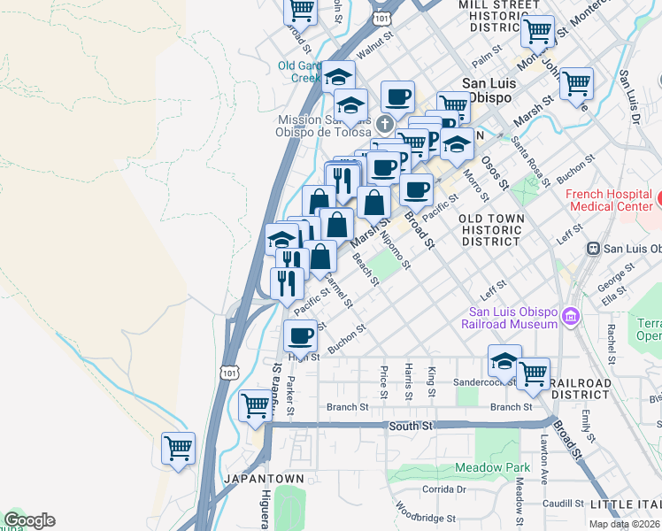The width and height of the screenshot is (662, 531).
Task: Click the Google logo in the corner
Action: (x=29, y=520)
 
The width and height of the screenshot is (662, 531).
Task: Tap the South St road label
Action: (x=410, y=426)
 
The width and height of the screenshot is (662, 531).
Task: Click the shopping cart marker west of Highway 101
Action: (x=178, y=449)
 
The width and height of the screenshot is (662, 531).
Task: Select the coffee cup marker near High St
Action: (x=301, y=336)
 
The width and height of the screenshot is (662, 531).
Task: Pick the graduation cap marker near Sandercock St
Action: (x=504, y=361)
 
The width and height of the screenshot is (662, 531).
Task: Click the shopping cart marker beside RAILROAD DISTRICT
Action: (x=533, y=374)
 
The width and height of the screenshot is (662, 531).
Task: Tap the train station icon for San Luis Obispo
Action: (x=595, y=249)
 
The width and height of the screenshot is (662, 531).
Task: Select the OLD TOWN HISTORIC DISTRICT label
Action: (x=490, y=229)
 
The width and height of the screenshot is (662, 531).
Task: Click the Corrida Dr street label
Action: (x=443, y=489)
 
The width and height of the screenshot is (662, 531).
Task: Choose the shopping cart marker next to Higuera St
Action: (x=255, y=406)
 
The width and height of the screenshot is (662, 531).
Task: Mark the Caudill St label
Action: (x=559, y=503)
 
